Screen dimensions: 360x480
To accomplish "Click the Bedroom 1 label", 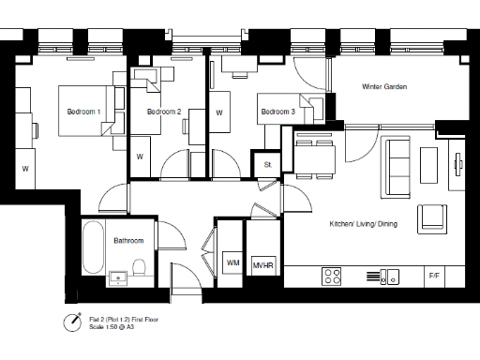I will (x=83, y=112).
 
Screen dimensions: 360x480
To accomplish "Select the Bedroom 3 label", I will (x=278, y=112).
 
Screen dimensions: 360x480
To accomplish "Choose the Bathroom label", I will (x=128, y=241).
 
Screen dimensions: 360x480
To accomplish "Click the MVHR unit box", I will (x=262, y=265).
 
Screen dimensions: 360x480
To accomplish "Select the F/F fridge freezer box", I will (x=434, y=277).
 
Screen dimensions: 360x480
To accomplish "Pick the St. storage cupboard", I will (x=267, y=165).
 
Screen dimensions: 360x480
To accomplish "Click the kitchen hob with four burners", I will (x=332, y=277).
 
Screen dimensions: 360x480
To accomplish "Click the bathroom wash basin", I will (x=117, y=277).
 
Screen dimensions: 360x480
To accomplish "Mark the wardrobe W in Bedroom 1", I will (x=24, y=169).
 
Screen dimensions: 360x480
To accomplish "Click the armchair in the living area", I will (x=432, y=217).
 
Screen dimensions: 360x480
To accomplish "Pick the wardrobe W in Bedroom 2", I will (x=140, y=157).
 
